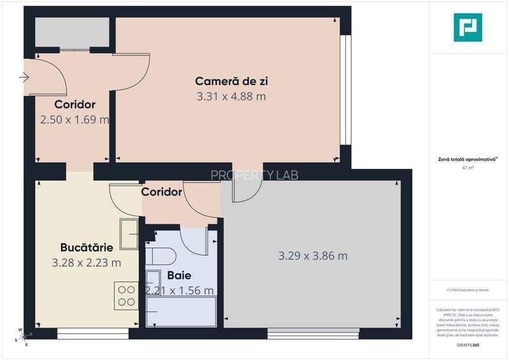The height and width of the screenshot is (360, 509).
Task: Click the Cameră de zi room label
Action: (231, 81)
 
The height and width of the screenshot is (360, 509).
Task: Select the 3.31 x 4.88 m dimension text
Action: (231, 97)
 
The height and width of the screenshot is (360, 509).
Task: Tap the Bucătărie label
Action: (86, 247)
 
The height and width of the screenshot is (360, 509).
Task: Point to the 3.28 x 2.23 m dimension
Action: (86, 262)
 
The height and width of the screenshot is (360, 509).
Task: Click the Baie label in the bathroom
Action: (179, 276)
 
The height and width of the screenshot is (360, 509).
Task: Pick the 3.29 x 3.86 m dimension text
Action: (313, 256)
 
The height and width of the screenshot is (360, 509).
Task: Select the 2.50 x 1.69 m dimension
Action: (75, 120)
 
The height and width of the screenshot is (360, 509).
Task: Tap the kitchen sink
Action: (129, 234)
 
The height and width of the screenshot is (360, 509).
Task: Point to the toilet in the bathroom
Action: (161, 256)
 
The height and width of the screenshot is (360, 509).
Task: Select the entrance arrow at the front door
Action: (24, 78)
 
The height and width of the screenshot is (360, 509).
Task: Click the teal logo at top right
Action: (467, 27)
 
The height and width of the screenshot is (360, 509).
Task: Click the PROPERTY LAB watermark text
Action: (254, 175)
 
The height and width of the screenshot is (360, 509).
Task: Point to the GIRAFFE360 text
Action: (467, 345)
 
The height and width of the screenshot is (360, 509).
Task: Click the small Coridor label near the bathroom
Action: (161, 192)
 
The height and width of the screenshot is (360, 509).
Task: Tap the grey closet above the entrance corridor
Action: (72, 32)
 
